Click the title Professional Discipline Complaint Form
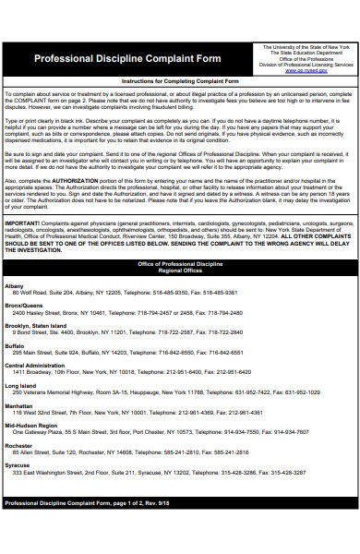127,58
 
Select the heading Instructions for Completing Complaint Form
181,82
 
